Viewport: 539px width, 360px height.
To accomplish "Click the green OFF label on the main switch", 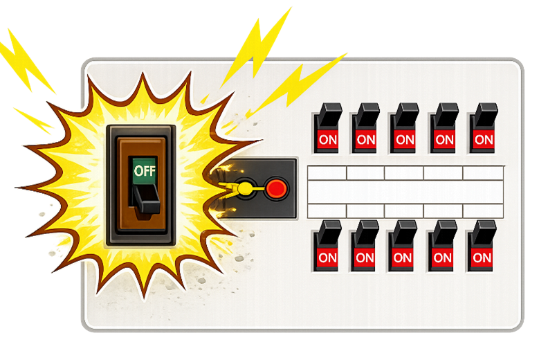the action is coord(145,170).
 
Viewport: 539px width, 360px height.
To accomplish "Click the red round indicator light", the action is coord(276,188).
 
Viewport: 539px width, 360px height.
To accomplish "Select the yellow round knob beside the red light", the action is coord(245,188).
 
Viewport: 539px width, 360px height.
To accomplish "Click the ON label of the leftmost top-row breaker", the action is coord(327,140).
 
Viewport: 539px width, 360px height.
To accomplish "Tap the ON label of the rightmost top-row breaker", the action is coord(484,140).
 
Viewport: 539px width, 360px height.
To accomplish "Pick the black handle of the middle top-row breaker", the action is coord(405,116).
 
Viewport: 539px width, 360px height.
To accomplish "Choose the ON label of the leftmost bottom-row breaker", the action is coord(327,258).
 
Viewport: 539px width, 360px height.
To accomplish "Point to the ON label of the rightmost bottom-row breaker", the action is coord(482,258).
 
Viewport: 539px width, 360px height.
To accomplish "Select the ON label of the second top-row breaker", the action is coord(366,140).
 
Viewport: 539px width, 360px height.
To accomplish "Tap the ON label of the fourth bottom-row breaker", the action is coord(442,258).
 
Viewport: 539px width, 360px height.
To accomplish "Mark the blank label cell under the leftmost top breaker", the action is coord(327,173).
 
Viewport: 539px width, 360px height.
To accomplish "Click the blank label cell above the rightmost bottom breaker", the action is coord(483,210).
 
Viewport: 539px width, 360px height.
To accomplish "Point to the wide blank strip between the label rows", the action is coord(405,192).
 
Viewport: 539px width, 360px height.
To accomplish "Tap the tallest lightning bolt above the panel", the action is coord(256,51).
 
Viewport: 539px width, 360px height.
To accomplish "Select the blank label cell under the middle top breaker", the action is coord(404,173).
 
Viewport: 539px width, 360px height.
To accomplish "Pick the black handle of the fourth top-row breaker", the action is coord(446,116).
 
